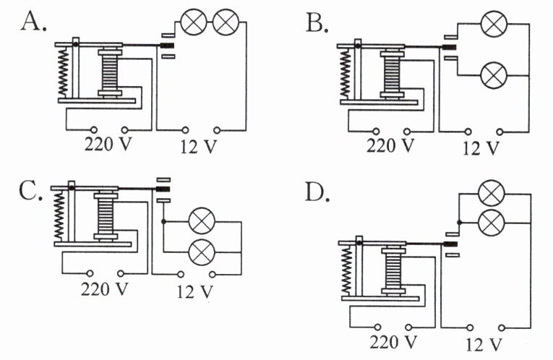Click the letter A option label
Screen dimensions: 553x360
33,21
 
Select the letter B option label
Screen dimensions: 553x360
317,23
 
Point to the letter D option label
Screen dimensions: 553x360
317,192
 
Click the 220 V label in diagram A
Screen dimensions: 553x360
108,144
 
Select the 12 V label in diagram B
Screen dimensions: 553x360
481,147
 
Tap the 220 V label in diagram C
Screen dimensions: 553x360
104,289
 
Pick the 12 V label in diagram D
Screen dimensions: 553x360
484,344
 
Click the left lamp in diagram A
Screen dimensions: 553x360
193,22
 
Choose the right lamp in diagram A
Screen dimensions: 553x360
226,22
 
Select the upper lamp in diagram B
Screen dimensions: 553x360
494,24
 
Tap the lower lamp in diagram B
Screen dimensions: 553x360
494,75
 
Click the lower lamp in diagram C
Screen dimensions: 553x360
202,252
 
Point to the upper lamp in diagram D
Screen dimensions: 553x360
492,193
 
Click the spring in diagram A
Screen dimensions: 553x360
63,72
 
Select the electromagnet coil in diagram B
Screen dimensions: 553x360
392,74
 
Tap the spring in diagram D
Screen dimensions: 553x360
347,270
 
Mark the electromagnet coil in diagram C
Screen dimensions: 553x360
106,216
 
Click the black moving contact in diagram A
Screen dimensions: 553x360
168,46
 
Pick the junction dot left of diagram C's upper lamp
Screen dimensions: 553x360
163,221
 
